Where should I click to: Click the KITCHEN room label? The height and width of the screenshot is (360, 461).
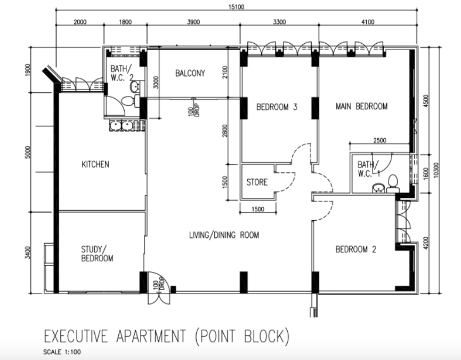pos(95,164)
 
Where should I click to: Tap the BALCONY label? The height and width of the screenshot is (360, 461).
pos(190,73)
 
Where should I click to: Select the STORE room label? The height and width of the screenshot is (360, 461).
pos(257,182)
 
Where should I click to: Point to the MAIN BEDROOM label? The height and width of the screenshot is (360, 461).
pos(362,106)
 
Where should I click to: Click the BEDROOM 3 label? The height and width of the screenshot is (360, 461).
pos(277,107)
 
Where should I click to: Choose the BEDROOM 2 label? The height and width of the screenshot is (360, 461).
pos(356,250)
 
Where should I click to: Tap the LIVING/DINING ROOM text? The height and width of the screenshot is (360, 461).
pos(224,235)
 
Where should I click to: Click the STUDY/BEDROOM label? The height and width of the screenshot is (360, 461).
pos(97,254)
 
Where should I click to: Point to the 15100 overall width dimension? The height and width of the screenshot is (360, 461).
pos(237,7)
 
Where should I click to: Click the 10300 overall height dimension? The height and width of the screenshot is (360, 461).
pos(436,170)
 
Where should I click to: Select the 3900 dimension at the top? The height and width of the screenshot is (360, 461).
pos(193,22)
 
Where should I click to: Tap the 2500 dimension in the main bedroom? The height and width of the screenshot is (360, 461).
pos(379,140)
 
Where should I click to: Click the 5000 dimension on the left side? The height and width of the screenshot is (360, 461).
pos(28,152)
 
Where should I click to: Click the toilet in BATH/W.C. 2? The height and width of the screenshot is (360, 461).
pos(130,101)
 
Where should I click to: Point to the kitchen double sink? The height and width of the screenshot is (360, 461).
pos(122,125)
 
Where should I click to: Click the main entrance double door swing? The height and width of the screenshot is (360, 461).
pos(159,288)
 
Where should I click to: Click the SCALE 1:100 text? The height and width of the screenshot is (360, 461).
pos(62,352)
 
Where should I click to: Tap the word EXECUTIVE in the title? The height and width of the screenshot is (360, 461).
pos(76,336)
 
